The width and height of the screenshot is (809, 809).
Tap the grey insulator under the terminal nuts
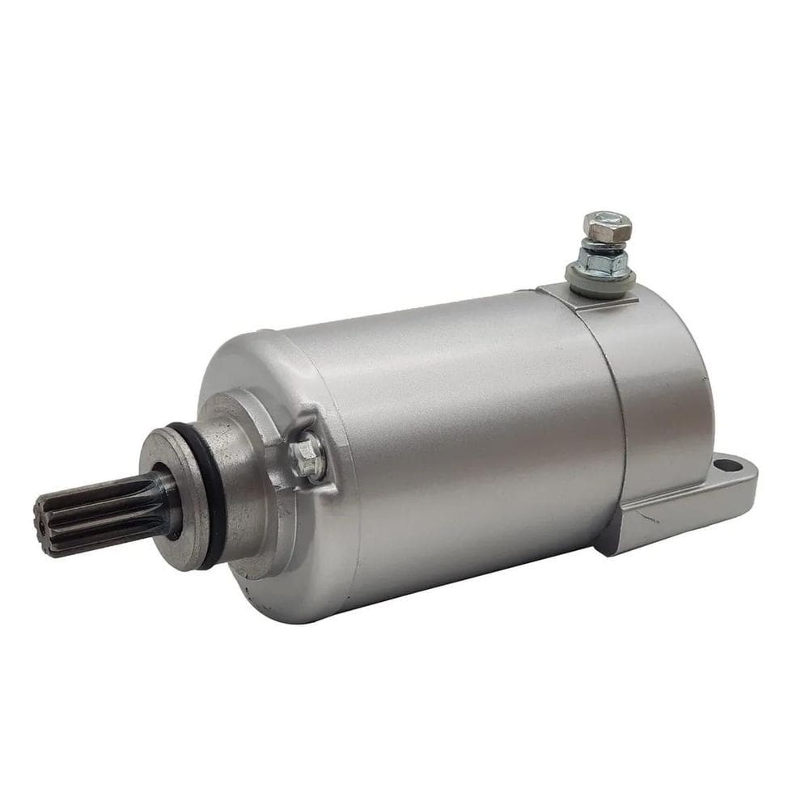tap(607, 283)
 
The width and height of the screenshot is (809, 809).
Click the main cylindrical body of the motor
tap(469, 429)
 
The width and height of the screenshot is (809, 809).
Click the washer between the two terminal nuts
tap(606, 246)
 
